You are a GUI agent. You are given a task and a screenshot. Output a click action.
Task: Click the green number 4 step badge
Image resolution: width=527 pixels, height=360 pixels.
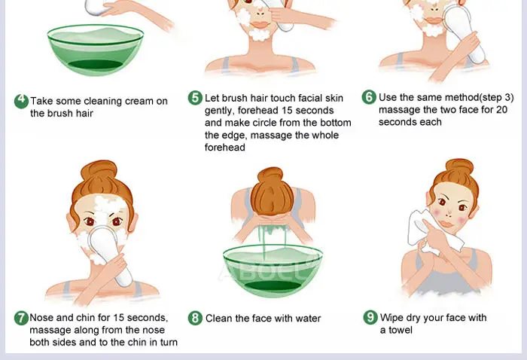pos(21,101)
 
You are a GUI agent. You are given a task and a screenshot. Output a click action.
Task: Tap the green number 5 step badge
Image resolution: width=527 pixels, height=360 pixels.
pos(195,98)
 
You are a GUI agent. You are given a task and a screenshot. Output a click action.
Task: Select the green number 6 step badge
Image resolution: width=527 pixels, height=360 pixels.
pos(369,97)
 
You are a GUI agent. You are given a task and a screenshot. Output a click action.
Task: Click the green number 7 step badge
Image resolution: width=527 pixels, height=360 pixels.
pos(21,318)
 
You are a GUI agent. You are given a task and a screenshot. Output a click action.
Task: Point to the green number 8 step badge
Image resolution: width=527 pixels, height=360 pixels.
pos(195,318)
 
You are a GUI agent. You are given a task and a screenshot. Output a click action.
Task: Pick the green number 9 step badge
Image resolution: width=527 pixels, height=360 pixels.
pos(370,317)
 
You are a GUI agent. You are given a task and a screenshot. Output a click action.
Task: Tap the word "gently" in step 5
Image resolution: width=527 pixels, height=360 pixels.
pos(218,111)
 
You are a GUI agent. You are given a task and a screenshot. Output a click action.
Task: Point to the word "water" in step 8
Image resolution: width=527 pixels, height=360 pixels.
pos(308,319)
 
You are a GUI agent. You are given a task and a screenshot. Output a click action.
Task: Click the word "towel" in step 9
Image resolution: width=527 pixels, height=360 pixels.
pos(401,330)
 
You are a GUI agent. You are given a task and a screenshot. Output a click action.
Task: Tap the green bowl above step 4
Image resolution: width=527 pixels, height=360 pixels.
pos(96,50)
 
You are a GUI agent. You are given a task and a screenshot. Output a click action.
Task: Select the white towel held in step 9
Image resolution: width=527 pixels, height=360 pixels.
pos(434,232)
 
